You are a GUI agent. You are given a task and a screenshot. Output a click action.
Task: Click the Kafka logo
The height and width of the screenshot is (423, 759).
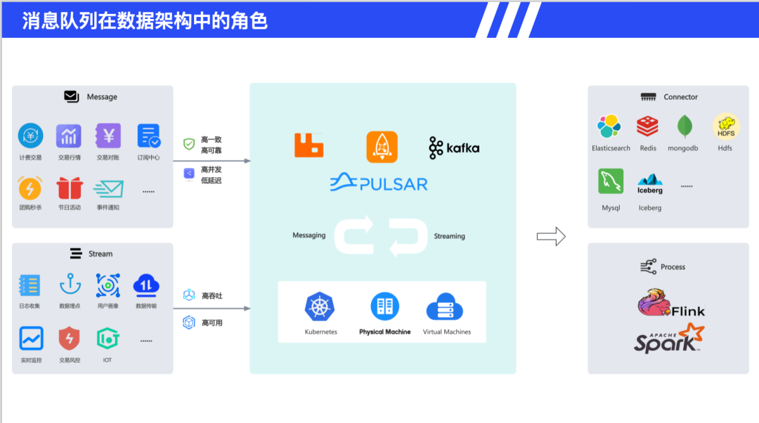pos(454,148)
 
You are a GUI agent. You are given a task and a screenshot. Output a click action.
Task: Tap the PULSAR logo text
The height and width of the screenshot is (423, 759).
pos(379,183)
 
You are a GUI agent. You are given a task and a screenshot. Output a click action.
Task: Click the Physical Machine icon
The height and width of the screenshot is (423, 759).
pos(384,306)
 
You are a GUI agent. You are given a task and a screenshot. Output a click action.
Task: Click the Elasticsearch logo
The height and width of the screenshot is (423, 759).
pos(609,126)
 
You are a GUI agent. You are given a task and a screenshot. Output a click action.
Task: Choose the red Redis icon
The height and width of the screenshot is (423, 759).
pos(647,126)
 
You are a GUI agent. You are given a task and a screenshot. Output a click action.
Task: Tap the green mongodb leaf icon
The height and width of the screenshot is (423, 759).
pos(686,126)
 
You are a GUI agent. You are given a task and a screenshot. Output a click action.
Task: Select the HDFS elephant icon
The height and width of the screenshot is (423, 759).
pos(725,126)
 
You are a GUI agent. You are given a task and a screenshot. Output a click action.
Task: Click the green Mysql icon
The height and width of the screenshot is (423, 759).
pos(611,181)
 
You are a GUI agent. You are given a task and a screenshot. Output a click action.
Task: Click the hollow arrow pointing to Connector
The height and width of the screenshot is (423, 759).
pos(551,236)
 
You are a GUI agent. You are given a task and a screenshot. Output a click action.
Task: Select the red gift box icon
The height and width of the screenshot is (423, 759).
pos(70,188)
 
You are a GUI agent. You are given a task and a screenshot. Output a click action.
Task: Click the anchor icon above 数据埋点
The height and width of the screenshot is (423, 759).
pos(70,285)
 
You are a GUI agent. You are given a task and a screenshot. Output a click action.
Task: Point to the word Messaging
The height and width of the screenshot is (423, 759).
pos(309,235)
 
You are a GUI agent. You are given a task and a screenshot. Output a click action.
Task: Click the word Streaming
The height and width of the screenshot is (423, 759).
pos(449,236)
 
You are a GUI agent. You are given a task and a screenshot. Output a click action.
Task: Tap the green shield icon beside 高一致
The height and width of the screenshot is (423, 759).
pos(189,144)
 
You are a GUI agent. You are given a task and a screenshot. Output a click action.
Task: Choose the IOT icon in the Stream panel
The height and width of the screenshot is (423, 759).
pos(107,339)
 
